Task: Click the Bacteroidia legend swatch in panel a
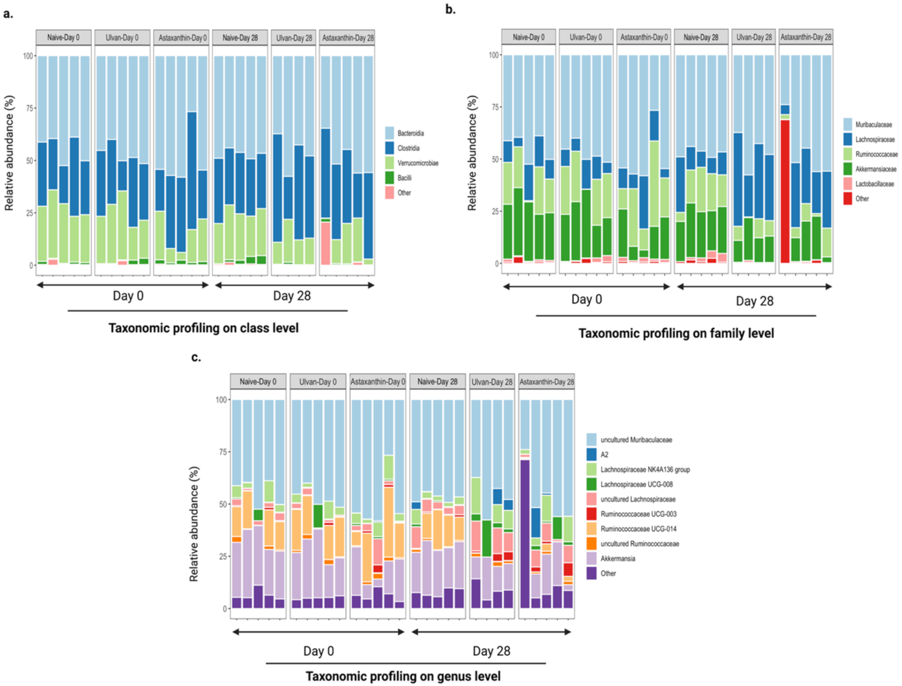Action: pos(390,133)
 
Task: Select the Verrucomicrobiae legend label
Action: pos(417,163)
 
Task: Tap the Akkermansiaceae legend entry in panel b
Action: pos(875,169)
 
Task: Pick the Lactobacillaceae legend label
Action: pos(874,184)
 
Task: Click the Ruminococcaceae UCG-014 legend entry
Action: pos(638,529)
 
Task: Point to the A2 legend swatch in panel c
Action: pos(591,454)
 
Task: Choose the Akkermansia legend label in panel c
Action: pos(617,559)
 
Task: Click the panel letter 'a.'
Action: pos(8,14)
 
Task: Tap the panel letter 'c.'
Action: pos(196,357)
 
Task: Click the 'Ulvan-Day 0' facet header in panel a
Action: pos(122,38)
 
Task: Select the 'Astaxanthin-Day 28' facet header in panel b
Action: pos(806,37)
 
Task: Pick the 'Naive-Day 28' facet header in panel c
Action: pos(437,382)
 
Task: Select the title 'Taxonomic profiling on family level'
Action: pos(676,333)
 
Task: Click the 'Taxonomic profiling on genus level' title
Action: pos(403,676)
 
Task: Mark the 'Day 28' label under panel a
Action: pos(292,296)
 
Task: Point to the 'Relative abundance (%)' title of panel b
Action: pos(472,153)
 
